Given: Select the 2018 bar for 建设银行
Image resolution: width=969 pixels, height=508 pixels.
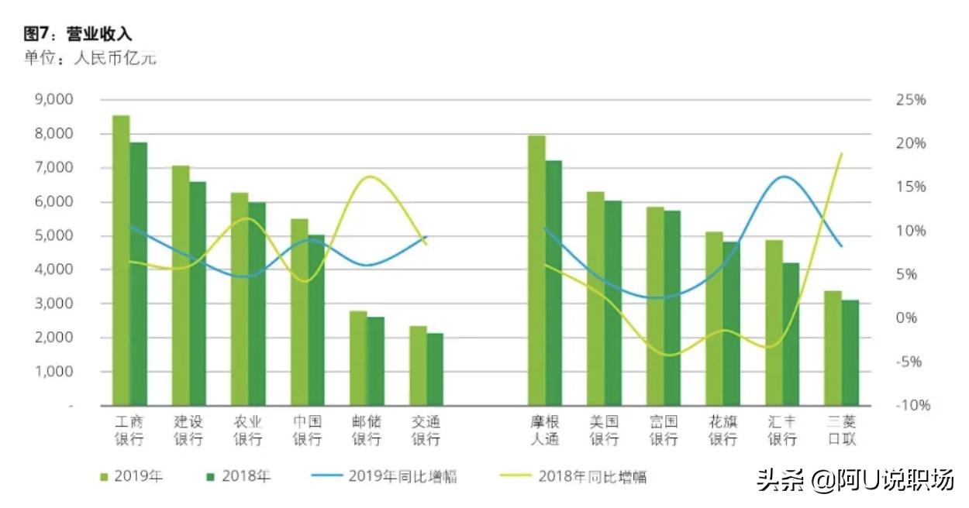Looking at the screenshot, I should tap(198, 293).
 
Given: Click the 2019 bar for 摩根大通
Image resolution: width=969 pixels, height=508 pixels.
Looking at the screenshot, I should tap(536, 270).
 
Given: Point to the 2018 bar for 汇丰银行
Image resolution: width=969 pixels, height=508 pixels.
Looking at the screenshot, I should tap(791, 334).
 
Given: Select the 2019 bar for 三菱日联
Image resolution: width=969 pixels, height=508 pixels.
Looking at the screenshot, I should tap(833, 348).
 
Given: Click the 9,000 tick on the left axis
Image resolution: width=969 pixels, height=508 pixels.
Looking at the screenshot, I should tap(54, 100).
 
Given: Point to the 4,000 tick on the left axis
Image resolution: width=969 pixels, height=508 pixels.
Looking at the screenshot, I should tap(54, 270).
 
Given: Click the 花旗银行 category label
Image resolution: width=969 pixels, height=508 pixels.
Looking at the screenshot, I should tap(723, 431).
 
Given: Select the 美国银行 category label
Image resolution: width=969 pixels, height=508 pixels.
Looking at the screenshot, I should tap(604, 431).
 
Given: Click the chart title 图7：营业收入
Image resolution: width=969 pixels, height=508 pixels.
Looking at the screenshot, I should tap(78, 34).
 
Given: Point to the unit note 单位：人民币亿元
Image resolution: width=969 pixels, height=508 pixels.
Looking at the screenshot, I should tap(90, 58).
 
